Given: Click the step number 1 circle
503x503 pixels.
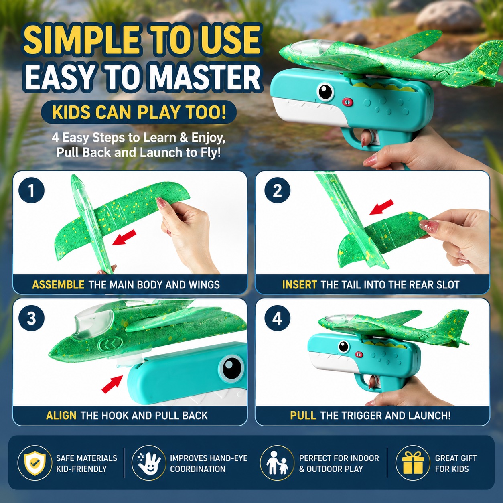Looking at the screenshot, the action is coord(32,190).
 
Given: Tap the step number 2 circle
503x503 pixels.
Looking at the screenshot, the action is coord(277,190).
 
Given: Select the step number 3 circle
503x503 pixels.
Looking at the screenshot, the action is coord(32,318).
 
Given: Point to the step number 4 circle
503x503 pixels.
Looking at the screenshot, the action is coord(277,318).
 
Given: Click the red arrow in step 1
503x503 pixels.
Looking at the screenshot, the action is coord(124,237).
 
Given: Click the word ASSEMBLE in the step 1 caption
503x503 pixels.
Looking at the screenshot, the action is coord(58,284).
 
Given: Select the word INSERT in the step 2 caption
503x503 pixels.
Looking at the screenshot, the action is coord(300,284).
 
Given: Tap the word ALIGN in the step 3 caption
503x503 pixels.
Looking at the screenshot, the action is coord(61,415).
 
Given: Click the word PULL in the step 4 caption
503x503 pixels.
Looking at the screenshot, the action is coord(303,415).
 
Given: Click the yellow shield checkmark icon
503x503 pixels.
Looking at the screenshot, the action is coord(35,464).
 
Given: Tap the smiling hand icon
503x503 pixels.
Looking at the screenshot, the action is coord(149,464).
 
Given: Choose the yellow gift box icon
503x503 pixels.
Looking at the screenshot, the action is coord(413,464).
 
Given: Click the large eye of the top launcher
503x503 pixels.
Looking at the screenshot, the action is coord(325,92).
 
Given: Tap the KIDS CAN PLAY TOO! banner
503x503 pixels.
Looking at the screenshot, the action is coord(139,112).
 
